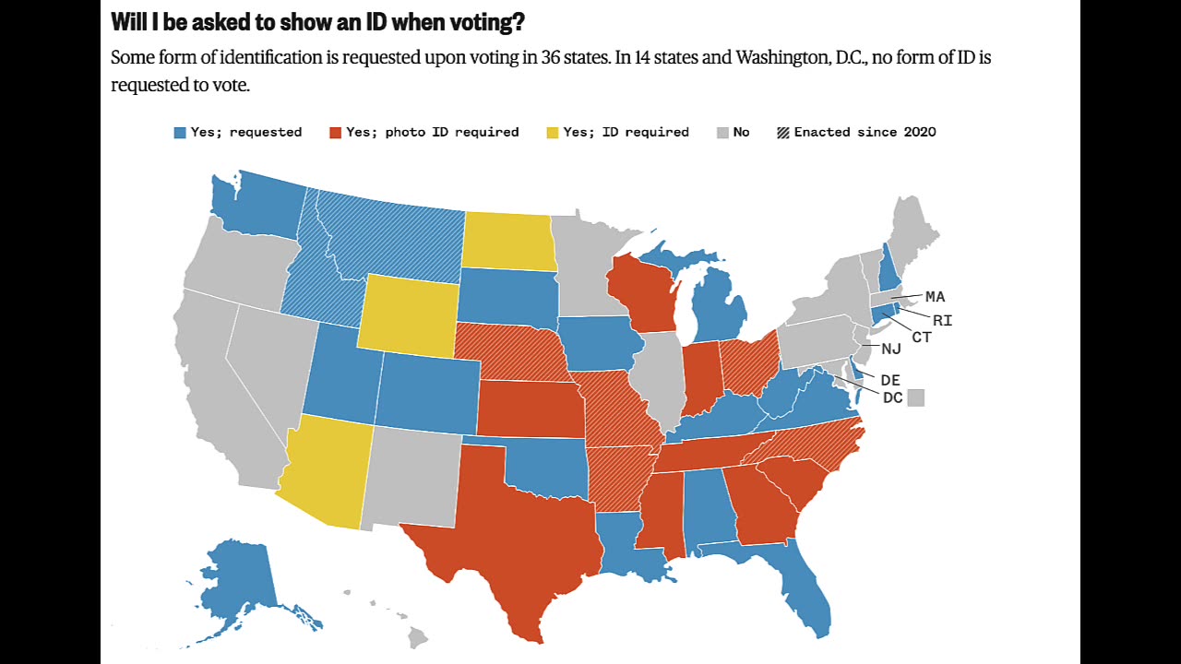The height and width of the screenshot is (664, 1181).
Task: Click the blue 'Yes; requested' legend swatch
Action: [180, 133]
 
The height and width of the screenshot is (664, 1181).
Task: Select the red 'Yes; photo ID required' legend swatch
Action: [336, 133]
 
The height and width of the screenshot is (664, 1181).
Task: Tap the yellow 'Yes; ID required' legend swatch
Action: [553, 133]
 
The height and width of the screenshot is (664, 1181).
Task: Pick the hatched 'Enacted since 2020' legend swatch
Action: [783, 133]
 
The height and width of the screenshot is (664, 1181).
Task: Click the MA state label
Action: [935, 297]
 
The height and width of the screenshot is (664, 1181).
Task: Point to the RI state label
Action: [942, 321]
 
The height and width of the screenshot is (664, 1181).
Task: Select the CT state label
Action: [921, 338]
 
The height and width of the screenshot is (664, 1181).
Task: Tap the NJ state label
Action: [890, 349]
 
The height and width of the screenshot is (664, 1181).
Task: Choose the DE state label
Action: [890, 380]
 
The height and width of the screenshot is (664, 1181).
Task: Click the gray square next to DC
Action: [916, 397]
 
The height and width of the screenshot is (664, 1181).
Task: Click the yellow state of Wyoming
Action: [408, 314]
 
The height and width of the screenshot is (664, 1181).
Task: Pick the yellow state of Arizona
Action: [328, 470]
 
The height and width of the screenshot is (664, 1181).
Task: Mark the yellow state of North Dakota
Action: [508, 242]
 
